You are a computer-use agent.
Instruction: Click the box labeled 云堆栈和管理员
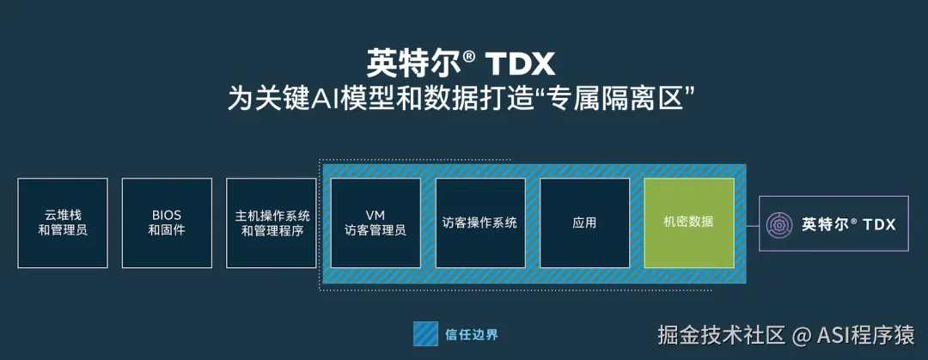click(x=63, y=223)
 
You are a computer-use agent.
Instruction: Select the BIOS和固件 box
click(x=167, y=223)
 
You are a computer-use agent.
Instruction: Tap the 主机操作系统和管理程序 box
click(x=272, y=223)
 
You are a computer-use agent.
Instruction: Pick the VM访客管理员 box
click(x=375, y=223)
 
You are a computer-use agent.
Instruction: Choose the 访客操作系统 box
click(x=479, y=223)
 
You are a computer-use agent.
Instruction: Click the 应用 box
click(x=584, y=223)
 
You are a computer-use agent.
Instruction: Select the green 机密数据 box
click(x=689, y=223)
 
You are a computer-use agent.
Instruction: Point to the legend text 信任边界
click(x=472, y=333)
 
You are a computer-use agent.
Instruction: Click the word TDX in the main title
click(x=521, y=63)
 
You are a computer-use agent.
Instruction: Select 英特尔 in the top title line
click(x=414, y=63)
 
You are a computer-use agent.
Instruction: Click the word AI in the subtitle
click(x=327, y=99)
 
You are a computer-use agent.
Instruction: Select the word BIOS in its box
click(x=167, y=215)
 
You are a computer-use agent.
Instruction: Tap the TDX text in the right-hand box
click(x=879, y=224)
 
